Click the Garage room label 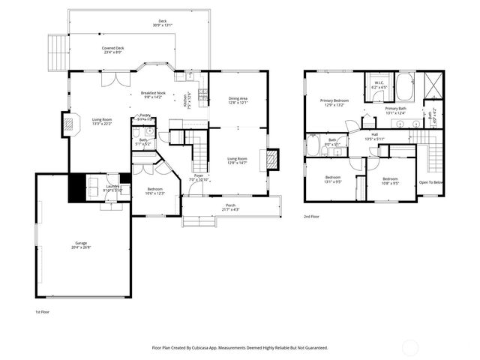(81, 244)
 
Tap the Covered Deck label (113, 49)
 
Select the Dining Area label (238, 98)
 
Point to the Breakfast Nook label (153, 93)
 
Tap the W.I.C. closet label (379, 85)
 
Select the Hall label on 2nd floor (374, 134)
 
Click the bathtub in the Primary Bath (404, 87)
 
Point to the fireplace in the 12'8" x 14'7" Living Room (273, 159)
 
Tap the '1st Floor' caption (43, 311)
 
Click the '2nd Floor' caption (312, 216)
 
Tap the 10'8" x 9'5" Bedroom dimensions (390, 183)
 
